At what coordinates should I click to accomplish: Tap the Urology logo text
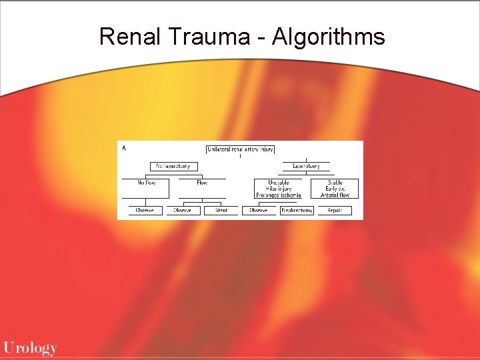coord(30,347)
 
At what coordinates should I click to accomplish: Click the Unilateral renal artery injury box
coord(241,150)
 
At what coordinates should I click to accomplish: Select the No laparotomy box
coord(173,166)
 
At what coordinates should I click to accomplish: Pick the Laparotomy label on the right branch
coord(306,166)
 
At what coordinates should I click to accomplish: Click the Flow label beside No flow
coord(201,183)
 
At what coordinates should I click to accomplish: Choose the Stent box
coord(221,211)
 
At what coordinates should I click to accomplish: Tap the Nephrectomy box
coord(297,211)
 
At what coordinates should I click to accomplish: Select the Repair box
coord(335,211)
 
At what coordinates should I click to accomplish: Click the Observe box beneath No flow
coord(145,211)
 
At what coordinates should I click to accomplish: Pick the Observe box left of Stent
coord(182,211)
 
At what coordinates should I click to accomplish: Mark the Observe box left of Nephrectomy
coord(259,211)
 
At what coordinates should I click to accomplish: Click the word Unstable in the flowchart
coord(279,183)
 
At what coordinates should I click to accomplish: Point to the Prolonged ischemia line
coord(279,195)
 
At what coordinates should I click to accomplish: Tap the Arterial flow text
coord(335,195)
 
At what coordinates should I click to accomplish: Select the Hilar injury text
coord(279,189)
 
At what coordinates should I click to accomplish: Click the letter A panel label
coord(124,148)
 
